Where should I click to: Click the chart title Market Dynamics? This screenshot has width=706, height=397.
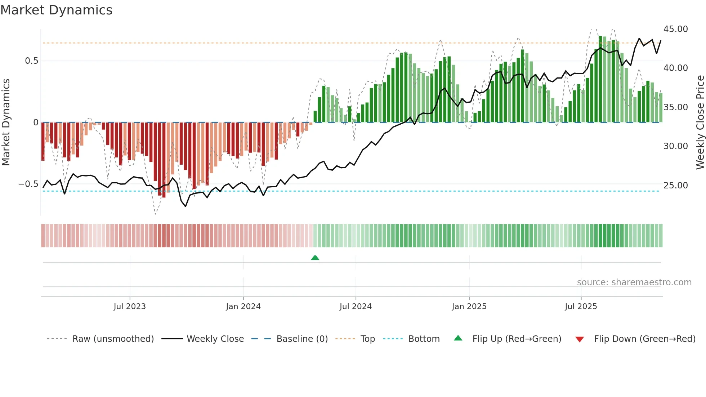(x=56, y=10)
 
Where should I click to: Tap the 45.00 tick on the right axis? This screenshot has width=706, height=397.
(x=675, y=29)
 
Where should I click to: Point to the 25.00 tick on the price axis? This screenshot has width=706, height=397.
(x=675, y=186)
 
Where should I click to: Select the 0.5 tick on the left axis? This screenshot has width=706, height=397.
(x=32, y=61)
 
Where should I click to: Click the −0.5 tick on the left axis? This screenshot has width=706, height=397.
(x=28, y=184)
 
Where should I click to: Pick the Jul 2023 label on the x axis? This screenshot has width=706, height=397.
(x=130, y=307)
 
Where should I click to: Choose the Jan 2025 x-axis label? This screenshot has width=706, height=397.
(x=469, y=307)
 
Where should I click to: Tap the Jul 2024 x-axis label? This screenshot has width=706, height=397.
(x=356, y=307)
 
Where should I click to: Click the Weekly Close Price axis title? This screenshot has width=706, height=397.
(x=700, y=122)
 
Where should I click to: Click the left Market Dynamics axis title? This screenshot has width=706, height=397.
(x=6, y=122)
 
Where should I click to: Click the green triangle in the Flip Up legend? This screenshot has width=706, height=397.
(x=458, y=338)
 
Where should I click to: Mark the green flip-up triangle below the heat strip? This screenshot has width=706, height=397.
(x=315, y=258)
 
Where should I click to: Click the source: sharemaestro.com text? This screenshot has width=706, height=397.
(x=634, y=282)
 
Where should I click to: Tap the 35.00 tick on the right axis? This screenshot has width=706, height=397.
(x=675, y=107)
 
